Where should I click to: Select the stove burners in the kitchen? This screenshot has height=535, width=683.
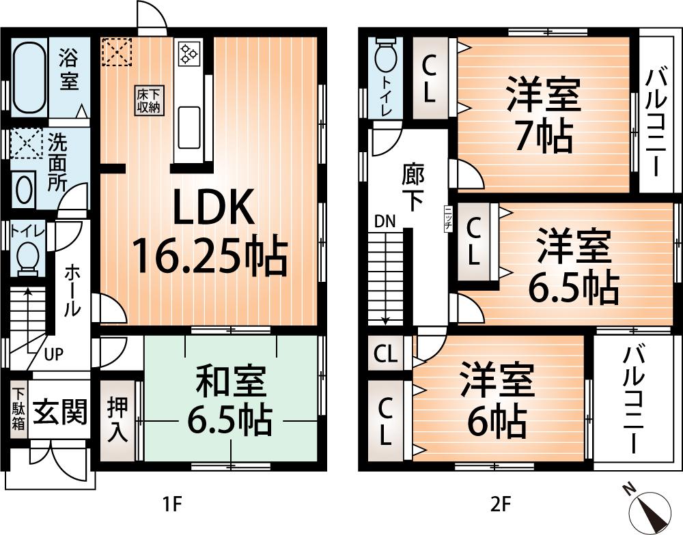tap(188, 54)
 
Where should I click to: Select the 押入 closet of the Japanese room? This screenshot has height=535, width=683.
tap(118, 420)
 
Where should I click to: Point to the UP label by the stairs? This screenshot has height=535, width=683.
tap(54, 354)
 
